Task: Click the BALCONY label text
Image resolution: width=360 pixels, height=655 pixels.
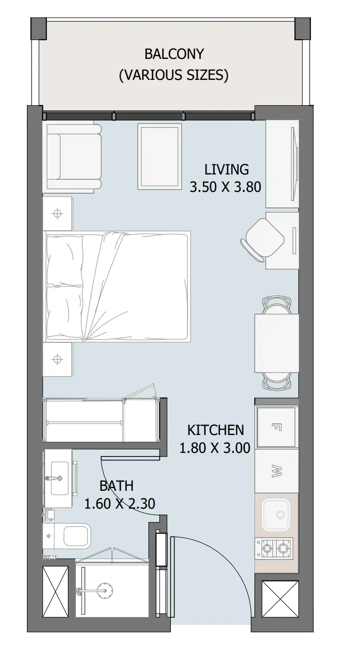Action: tap(174, 54)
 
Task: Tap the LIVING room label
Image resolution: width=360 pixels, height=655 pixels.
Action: tap(227, 170)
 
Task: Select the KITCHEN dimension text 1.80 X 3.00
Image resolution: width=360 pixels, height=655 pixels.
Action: tap(215, 448)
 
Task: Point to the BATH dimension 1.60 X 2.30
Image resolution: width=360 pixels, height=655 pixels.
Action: tap(120, 504)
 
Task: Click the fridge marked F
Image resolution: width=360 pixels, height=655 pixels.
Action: tap(277, 427)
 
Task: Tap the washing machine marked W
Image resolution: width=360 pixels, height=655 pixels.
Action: tap(277, 471)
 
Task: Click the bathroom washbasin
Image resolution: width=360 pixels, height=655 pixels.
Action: tap(60, 478)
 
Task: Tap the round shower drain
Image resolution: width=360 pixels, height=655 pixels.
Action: tap(105, 590)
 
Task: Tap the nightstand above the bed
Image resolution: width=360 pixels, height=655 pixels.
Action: tap(58, 213)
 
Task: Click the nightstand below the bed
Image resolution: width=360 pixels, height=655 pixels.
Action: tap(58, 359)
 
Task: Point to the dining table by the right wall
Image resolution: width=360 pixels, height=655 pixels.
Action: tap(277, 343)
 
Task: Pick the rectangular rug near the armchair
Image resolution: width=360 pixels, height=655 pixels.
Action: tap(160, 157)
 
